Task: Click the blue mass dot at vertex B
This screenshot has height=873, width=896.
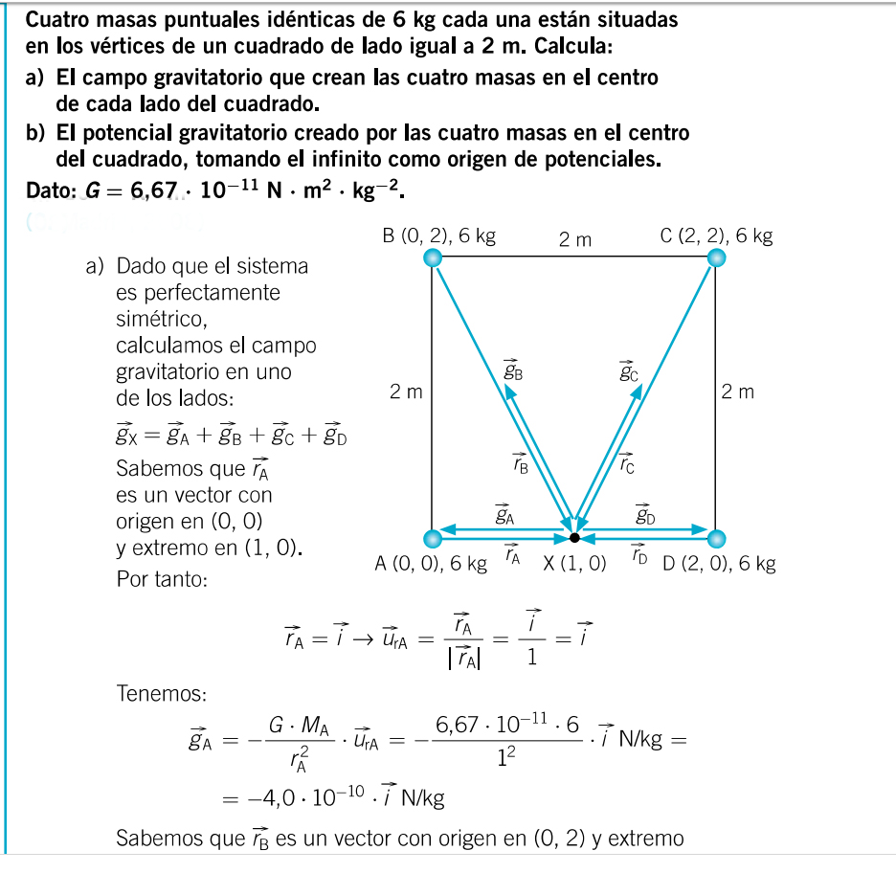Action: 433,257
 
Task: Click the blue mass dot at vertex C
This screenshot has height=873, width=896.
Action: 716,257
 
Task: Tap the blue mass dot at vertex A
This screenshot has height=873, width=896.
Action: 433,537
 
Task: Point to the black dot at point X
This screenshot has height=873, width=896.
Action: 574,537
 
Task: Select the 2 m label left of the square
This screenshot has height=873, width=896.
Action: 406,392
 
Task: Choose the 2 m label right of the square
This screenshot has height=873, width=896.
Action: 738,392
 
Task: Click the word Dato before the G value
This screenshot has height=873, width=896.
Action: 54,191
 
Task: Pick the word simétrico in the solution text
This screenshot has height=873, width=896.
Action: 160,317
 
